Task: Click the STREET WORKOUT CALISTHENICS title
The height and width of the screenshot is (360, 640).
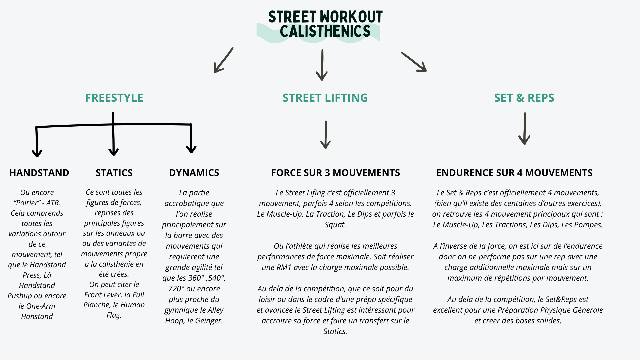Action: [325, 24]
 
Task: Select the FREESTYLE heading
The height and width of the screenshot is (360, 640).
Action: [114, 98]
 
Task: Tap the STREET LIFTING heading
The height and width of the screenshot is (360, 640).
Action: [325, 98]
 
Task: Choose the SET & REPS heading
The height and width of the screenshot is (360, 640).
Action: [524, 98]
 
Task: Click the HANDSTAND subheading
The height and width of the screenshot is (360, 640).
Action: [39, 173]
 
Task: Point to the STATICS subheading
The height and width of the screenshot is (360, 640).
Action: [114, 173]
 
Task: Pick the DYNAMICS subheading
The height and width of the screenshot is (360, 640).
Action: [194, 173]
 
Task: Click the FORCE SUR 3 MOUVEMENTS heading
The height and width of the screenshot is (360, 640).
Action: [335, 173]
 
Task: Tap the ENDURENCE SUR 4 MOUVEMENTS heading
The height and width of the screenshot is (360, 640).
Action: [514, 173]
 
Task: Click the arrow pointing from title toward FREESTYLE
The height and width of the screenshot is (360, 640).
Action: [223, 60]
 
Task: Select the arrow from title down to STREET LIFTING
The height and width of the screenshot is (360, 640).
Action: [322, 65]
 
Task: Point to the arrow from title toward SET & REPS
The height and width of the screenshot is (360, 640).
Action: [414, 62]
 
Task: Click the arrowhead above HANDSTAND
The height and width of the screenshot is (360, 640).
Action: [37, 152]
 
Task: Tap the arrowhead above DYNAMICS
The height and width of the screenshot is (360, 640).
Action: [191, 148]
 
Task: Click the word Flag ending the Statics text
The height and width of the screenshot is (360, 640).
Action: [113, 315]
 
